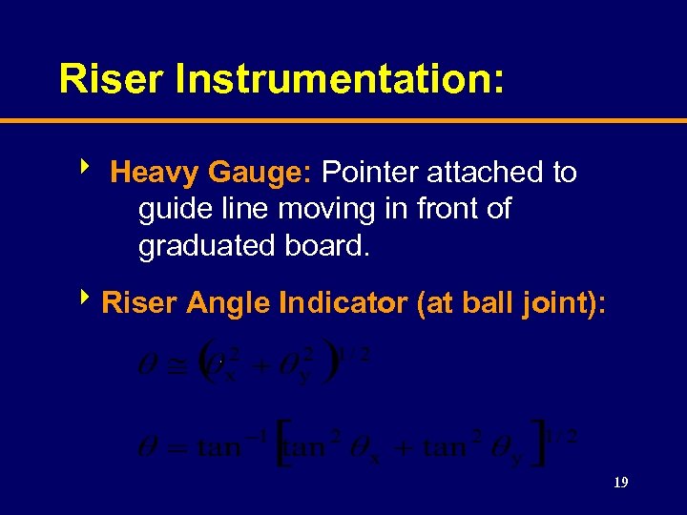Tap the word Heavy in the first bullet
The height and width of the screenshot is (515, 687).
pos(153,173)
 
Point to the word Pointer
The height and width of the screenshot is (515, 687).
pos(371,173)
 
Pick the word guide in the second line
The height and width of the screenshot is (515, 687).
pos(174,210)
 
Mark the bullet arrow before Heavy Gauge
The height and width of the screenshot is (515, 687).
pos(88,170)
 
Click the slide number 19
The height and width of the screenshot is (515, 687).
pos(620,484)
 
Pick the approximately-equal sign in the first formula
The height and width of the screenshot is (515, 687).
pos(177,365)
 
